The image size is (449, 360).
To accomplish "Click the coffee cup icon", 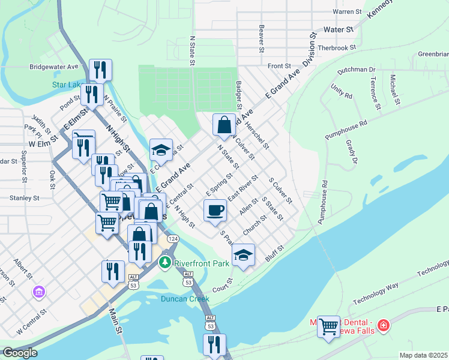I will [x=215, y=211].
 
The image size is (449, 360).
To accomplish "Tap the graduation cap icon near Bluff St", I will [x=243, y=255].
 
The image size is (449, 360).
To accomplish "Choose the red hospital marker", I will [x=384, y=326].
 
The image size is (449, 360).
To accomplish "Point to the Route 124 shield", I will [x=173, y=239].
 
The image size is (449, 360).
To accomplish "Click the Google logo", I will [x=20, y=353].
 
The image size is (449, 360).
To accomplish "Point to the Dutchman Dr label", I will [x=356, y=70].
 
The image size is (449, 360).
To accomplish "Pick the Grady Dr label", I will [x=351, y=152].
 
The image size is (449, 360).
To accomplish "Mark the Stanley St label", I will [x=23, y=197].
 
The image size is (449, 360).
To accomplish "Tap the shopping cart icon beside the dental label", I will [x=328, y=327].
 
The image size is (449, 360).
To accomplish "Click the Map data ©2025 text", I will [x=423, y=355].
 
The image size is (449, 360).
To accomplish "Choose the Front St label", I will [x=279, y=65].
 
